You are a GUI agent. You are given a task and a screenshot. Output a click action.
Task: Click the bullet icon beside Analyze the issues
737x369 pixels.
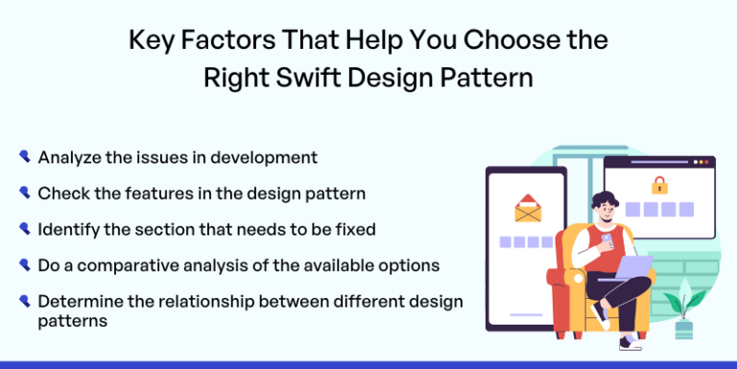(24, 156)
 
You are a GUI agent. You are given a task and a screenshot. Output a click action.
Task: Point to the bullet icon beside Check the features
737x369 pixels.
(24, 192)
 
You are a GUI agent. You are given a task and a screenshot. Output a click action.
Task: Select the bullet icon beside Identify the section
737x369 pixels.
(24, 229)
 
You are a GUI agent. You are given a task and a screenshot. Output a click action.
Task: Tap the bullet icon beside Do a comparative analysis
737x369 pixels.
(24, 264)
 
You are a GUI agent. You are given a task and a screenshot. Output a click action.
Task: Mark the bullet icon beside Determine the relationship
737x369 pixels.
(24, 301)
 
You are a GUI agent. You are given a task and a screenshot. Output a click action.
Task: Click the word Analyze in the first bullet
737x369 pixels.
(69, 157)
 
